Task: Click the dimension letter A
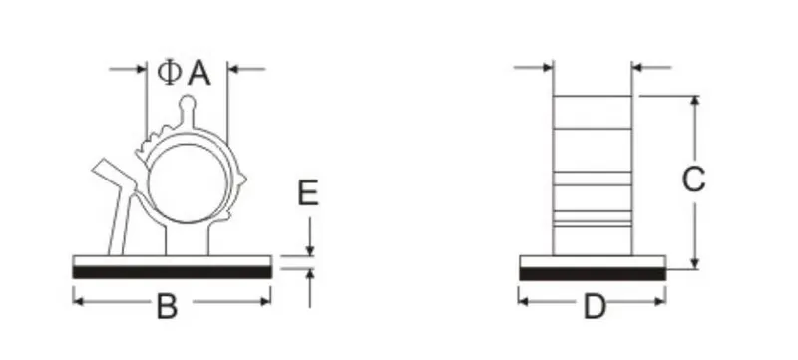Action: click(x=199, y=72)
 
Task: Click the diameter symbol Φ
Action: click(x=170, y=72)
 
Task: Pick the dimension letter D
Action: click(x=595, y=308)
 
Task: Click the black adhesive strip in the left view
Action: click(x=172, y=271)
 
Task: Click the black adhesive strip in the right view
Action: click(x=593, y=271)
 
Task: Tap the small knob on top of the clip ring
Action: click(x=188, y=104)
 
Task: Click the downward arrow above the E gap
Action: click(x=311, y=249)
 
